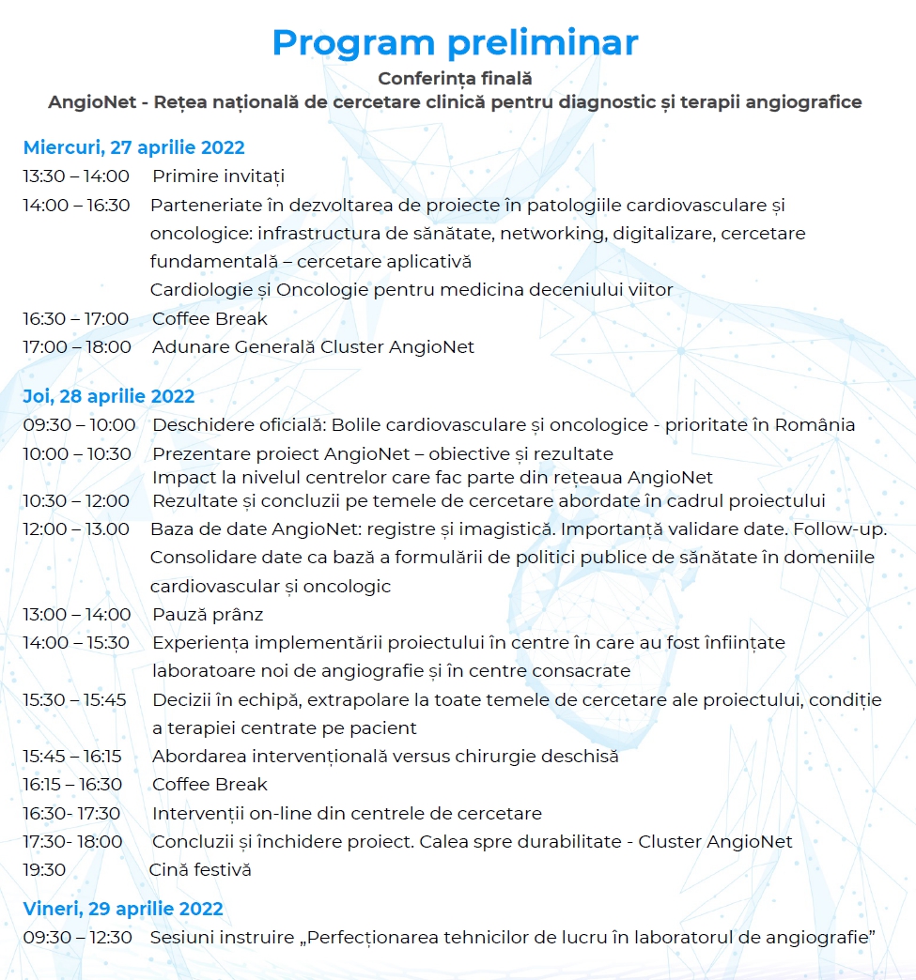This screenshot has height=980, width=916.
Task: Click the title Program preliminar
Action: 455,42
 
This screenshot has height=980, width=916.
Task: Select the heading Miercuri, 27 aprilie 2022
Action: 133,147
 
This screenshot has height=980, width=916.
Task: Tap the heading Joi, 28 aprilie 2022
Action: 109,396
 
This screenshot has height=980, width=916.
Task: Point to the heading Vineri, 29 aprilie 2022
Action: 123,909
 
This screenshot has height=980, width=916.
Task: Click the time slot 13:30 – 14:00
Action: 76,176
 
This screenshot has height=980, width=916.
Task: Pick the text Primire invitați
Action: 218,176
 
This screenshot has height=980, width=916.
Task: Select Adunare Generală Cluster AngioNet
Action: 313,347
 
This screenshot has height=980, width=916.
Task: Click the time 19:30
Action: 44,869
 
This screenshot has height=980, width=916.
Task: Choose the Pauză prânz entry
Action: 208,615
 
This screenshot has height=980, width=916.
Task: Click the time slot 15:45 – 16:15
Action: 78,756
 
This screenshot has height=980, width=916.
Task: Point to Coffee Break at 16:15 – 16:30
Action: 210,784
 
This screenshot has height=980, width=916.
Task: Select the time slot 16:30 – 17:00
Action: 76,318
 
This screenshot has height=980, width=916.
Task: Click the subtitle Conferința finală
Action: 455,79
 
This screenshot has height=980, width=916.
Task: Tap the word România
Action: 815,424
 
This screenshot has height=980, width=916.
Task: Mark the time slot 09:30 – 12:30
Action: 77,937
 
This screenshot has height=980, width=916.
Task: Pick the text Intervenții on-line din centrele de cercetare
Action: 347,813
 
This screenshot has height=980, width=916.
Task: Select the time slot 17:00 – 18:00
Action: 77,347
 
